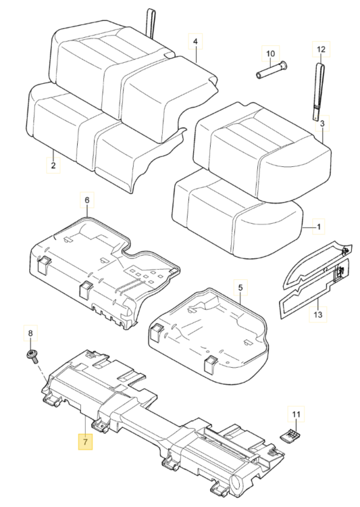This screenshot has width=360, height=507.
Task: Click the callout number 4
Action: coord(195,42)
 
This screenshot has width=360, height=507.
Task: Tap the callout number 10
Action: coord(270,53)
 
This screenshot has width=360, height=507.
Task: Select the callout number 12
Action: coord(321,49)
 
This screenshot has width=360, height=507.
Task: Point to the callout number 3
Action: coord(322,123)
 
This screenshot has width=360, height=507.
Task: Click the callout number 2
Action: coord(53,165)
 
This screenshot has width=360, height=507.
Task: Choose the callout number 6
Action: coord(87,200)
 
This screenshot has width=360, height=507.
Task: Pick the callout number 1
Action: coord(319,226)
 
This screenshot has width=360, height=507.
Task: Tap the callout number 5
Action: coord(240,287)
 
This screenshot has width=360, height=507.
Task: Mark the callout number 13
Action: coord(318,314)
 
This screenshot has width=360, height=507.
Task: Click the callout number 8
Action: coord(30,333)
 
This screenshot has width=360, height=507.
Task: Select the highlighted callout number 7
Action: coord(85,441)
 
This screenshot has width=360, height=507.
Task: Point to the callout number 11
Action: coord(296,414)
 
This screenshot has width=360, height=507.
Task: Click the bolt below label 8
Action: coord(32,356)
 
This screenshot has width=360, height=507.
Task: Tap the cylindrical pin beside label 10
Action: coord(272,70)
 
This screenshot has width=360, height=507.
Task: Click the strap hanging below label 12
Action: coord(318,92)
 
